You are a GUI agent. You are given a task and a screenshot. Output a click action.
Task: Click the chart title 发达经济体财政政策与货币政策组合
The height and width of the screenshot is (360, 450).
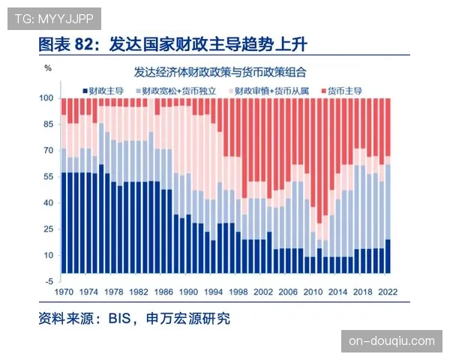226,73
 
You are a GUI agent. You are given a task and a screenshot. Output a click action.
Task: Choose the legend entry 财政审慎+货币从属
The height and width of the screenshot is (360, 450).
271,90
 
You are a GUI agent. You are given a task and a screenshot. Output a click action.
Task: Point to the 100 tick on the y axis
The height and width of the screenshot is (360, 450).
46,98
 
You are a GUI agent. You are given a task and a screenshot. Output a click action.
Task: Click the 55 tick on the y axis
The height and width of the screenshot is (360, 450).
47,177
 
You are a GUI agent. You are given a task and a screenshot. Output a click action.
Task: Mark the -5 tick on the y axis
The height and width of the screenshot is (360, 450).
47,281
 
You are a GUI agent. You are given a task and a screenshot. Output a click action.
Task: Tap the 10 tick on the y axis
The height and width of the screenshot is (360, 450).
47,256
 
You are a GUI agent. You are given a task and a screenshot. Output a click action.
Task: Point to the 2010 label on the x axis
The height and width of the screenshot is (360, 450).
313,290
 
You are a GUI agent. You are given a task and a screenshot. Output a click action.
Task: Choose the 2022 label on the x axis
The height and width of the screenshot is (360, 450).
387,290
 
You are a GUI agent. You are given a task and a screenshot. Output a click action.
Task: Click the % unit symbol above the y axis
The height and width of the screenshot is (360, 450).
47,68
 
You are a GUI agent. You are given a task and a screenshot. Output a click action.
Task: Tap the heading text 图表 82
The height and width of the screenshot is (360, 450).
69,45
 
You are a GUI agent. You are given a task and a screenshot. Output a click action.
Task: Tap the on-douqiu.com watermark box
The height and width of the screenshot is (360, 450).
391,341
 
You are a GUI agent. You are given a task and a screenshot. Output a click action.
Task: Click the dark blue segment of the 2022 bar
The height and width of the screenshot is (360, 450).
387,256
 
